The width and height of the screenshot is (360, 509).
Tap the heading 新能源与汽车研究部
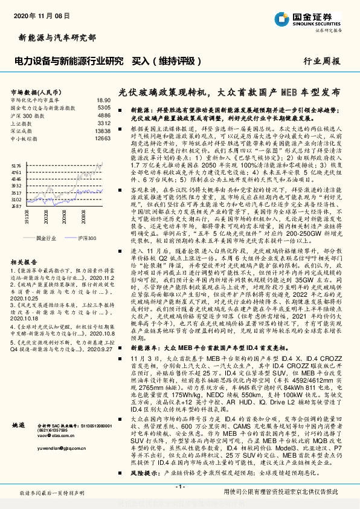coord(57,37)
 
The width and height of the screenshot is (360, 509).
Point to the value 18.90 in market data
coord(103,99)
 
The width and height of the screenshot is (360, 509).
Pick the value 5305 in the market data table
coord(104,106)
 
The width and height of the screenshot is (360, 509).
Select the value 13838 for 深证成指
coord(103,130)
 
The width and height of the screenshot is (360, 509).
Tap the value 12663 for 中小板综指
coord(103,138)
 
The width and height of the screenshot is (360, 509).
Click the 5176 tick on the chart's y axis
coord(16,164)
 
